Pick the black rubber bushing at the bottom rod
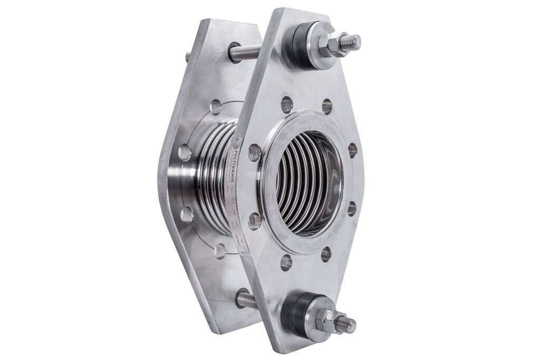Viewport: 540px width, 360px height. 296,315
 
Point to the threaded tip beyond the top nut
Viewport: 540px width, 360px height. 351,41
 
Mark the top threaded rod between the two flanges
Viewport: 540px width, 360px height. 246,52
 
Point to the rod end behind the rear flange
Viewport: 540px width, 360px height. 187,56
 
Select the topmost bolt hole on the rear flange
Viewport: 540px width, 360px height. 216,108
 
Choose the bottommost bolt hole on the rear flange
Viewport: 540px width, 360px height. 220,250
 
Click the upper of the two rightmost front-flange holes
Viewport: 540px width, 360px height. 352,150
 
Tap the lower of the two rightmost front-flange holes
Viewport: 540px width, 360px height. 351,208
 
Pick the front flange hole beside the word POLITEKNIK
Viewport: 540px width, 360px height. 255,152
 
